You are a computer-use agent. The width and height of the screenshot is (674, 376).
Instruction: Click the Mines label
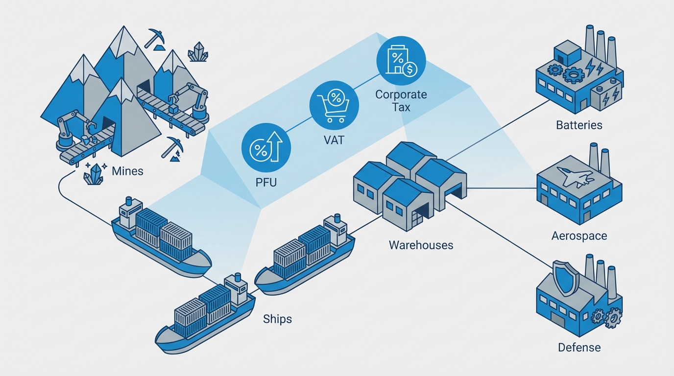click(127, 171)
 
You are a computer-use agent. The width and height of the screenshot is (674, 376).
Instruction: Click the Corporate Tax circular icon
click(401, 61)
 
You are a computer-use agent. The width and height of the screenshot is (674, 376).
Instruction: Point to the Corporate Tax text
click(401, 100)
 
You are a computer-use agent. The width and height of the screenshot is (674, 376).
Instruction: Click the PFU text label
click(266, 183)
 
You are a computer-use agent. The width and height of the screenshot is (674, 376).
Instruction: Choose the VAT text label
click(334, 140)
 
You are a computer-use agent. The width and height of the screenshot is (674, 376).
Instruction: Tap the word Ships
click(277, 319)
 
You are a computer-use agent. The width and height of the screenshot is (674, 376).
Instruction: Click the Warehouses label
click(421, 244)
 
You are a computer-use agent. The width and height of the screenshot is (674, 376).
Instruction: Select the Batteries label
click(579, 125)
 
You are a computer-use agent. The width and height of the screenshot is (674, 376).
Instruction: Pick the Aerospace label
click(579, 235)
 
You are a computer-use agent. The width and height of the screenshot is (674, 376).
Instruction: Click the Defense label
click(579, 348)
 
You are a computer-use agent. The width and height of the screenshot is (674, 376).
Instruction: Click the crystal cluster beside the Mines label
click(94, 172)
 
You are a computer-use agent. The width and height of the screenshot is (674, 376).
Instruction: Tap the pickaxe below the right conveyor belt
click(173, 147)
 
